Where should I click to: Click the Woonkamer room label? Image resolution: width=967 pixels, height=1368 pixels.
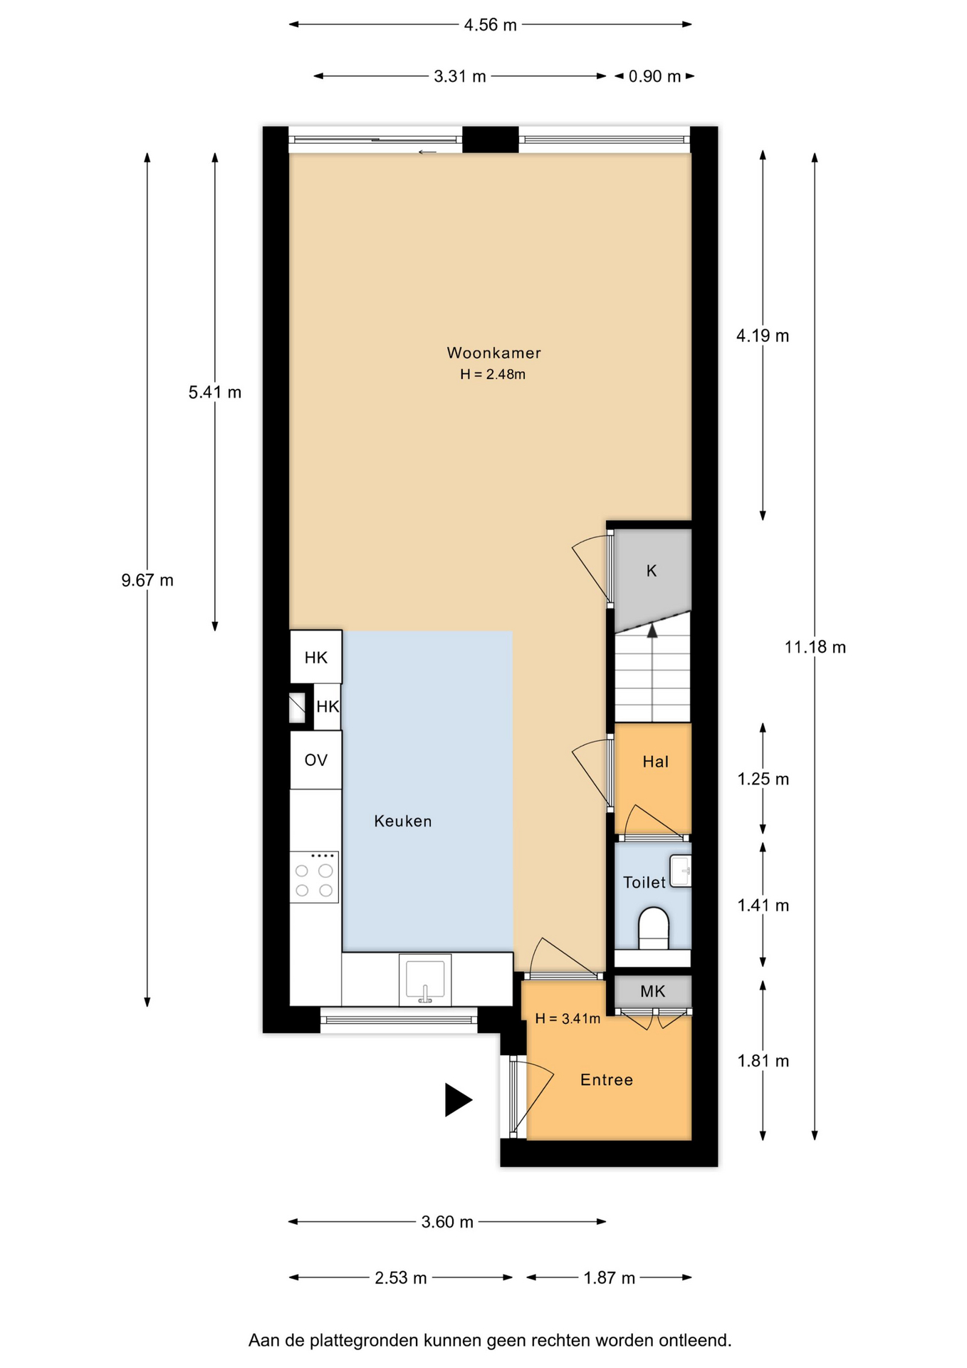coord(493,353)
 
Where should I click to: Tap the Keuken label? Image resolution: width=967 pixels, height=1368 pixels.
coord(403,822)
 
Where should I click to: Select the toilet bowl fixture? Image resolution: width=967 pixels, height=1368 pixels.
coord(653,928)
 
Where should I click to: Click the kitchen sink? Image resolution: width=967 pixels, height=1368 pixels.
coord(425,980)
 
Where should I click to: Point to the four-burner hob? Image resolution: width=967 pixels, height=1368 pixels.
coord(314,877)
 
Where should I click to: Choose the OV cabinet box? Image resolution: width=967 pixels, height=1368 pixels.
coord(315,760)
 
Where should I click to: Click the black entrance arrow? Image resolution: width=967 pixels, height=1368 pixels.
coord(459,1099)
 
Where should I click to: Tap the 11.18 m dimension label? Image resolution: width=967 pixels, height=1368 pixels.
coord(815,647)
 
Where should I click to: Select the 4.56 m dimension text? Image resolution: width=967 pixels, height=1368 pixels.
coord(490,25)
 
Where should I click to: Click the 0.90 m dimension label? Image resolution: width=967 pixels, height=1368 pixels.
coord(654,76)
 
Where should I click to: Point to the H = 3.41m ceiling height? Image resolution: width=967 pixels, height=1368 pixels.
coord(568,1019)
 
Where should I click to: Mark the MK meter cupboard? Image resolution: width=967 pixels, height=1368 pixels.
coord(653,991)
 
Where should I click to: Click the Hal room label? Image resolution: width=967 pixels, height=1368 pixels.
coord(656,762)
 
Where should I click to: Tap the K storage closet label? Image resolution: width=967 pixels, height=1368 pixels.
coord(652,571)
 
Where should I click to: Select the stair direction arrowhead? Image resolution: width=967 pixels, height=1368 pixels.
coord(652,630)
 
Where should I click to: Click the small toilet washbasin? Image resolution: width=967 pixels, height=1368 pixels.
coord(681,870)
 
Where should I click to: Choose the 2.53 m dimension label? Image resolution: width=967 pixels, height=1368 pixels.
coord(401,1278)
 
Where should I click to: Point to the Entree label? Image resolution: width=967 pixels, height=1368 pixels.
coord(607,1080)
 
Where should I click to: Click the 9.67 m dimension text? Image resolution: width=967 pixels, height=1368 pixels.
coord(147,580)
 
